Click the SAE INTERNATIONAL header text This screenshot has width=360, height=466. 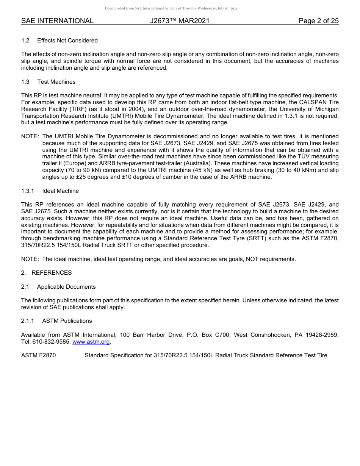point(57,21)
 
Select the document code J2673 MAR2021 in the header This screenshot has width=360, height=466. point(180,21)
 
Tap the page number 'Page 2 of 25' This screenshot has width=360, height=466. point(318,21)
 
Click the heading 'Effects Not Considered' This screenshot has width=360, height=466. point(67,41)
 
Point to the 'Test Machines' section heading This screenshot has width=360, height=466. point(56,82)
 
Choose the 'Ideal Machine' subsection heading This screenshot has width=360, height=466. point(60,191)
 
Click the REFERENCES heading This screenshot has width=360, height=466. point(52,273)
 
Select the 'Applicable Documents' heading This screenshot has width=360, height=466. point(66,287)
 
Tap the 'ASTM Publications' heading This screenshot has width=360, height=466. point(67,321)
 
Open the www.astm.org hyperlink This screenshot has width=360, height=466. point(91,342)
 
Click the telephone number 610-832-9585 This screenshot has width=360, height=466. point(51,342)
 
